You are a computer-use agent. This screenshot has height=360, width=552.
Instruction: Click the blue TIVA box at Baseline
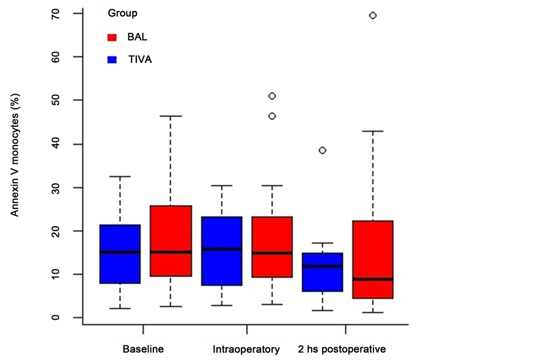[x=120, y=254]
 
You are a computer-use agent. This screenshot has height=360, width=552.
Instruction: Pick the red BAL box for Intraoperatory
[x=272, y=247]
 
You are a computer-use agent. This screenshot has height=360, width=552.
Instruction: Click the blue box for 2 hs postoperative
[x=323, y=272]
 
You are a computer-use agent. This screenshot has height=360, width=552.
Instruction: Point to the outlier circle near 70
[x=373, y=15]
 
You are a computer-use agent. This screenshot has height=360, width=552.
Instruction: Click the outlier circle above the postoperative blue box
[x=323, y=150]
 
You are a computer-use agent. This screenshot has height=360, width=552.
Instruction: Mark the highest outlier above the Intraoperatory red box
[x=272, y=96]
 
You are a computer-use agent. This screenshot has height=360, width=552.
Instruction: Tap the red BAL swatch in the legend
[x=112, y=37]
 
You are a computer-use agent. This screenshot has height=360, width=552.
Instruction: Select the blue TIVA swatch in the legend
[x=112, y=60]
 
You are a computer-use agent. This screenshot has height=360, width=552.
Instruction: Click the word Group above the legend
[x=122, y=13]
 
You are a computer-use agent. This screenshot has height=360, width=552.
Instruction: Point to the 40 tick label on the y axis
[x=56, y=144]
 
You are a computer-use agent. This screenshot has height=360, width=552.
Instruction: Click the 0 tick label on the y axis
[x=56, y=318]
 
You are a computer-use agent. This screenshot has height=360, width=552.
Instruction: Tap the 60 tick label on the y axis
[x=56, y=57]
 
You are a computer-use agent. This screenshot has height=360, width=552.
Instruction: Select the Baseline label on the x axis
[x=143, y=350]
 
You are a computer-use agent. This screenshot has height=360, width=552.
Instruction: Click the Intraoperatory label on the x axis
[x=246, y=350]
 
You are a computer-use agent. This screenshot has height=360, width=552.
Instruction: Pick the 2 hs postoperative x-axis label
[x=342, y=350]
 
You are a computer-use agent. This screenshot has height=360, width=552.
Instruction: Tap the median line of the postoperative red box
[x=373, y=279]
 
